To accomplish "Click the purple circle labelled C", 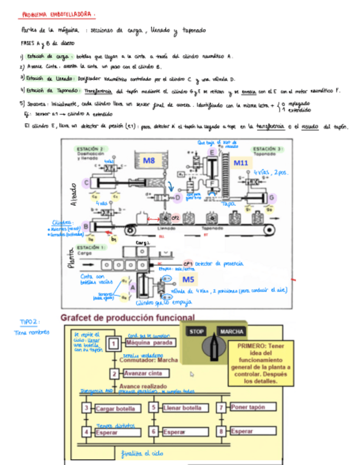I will pos(86,183).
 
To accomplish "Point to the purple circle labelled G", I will pos(271,197).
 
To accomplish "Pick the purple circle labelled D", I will pos(177,197).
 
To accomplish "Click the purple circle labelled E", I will pos(211,152).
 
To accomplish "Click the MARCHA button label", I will pos(232,332).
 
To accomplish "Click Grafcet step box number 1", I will pos(113,343).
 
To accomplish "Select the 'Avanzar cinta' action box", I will pos(144,374).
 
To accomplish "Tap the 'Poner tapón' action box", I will pos(249,407).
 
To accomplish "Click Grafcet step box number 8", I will pos(221,432).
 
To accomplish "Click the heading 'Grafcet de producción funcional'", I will pos(127,317).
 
